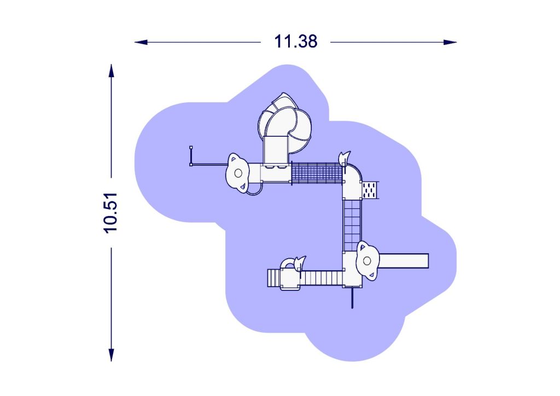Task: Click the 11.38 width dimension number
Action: [295, 42]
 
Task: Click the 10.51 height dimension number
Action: [110, 213]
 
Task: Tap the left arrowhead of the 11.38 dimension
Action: [141, 42]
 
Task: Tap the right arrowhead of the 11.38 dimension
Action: [450, 42]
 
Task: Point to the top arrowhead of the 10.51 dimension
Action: [112, 71]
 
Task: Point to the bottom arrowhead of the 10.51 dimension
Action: [112, 355]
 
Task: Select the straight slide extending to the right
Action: [404, 261]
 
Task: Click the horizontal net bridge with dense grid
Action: [317, 173]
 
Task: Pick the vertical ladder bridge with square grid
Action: [352, 225]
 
